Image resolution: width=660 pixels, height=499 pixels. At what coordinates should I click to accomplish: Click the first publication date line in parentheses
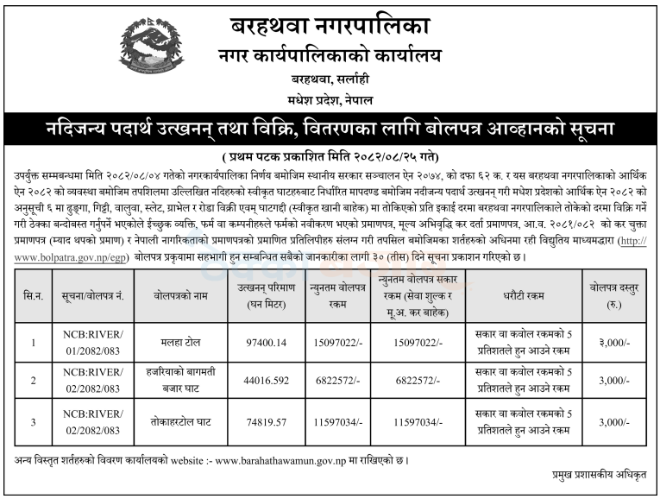pyautogui.click(x=330, y=156)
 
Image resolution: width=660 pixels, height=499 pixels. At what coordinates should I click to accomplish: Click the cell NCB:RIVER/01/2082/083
pyautogui.click(x=91, y=344)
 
